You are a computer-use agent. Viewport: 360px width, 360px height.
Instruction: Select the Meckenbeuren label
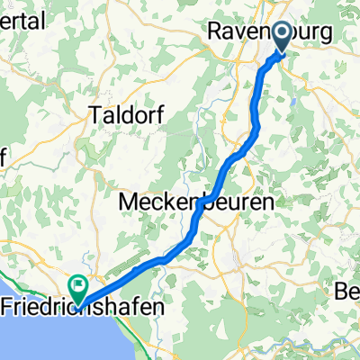pyautogui.click(x=196, y=203)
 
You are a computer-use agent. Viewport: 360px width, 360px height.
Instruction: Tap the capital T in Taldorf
pyautogui.click(x=95, y=114)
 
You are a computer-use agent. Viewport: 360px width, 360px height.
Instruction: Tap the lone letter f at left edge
pyautogui.click(x=3, y=156)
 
